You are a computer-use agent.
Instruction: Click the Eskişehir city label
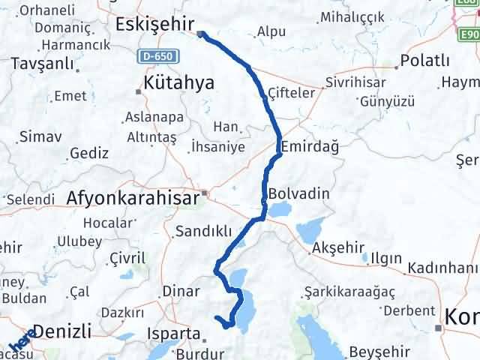tap(155, 24)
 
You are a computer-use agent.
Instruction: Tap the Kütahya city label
tap(179, 82)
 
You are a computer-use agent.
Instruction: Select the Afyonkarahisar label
tap(133, 199)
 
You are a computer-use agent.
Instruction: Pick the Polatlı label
tap(425, 60)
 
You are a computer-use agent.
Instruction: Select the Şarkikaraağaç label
tap(350, 290)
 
